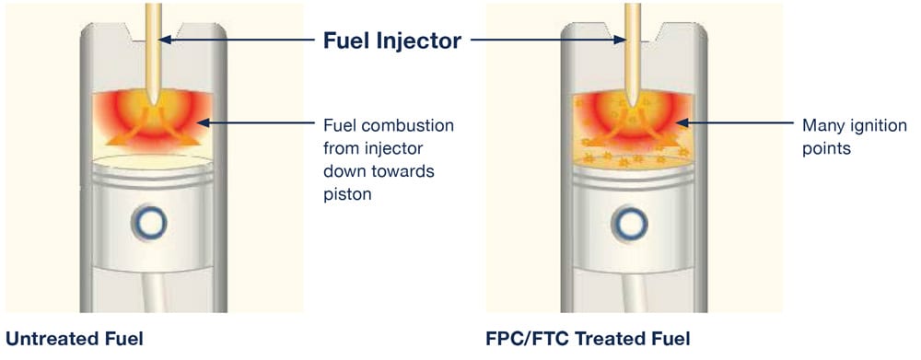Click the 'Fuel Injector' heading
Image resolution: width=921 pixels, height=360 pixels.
tap(392, 41)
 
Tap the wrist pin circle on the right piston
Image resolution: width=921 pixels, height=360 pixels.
tap(631, 221)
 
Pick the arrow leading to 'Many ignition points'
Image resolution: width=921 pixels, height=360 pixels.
tap(737, 122)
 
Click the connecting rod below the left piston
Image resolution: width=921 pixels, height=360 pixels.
tap(152, 295)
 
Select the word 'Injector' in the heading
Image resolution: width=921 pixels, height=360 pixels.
tap(423, 41)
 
